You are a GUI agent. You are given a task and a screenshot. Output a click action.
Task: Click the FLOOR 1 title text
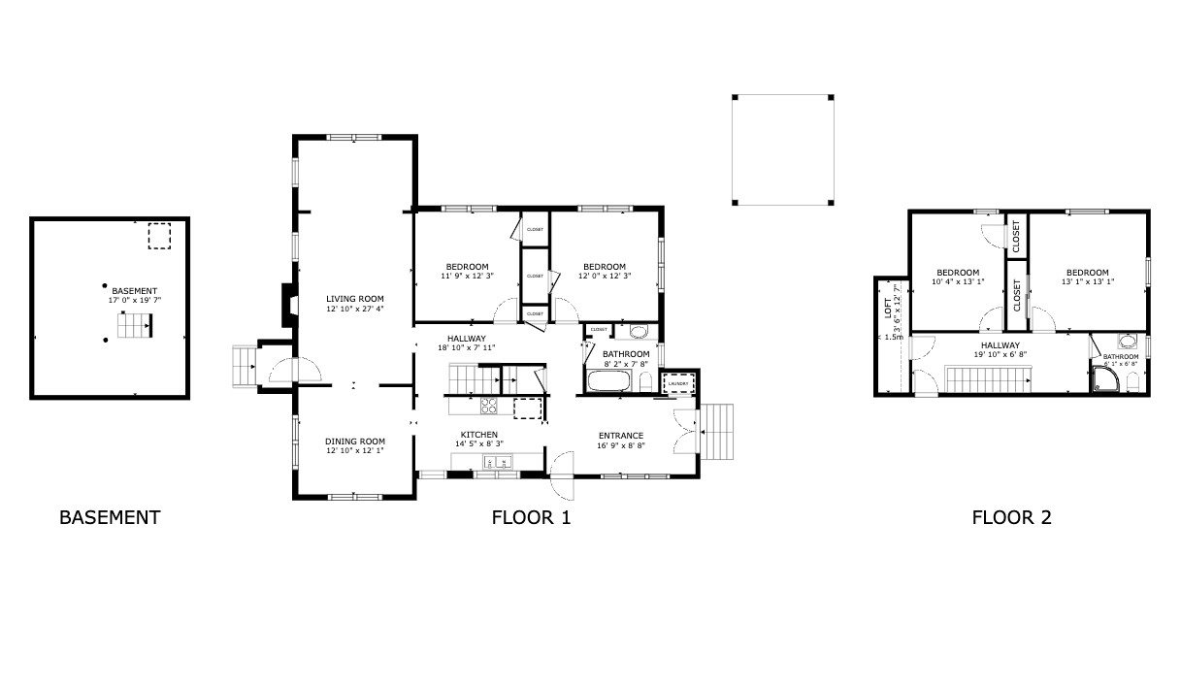click(x=531, y=517)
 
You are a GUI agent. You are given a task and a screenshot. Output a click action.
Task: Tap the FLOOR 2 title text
click(x=1011, y=517)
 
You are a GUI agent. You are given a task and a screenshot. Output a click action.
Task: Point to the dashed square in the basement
click(x=158, y=237)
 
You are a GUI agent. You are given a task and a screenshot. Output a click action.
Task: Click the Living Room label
click(x=354, y=299)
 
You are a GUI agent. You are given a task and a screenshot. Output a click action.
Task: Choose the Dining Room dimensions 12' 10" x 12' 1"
click(x=354, y=450)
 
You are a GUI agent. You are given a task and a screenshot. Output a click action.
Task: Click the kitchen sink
click(x=502, y=462)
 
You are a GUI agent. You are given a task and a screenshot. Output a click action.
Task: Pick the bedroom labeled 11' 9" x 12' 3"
click(x=467, y=272)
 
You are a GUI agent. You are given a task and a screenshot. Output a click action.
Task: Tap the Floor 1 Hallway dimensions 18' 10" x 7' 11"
click(x=465, y=347)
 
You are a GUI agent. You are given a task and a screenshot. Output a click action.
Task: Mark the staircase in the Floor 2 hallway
click(x=987, y=378)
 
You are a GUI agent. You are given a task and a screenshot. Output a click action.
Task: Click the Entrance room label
click(x=620, y=436)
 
